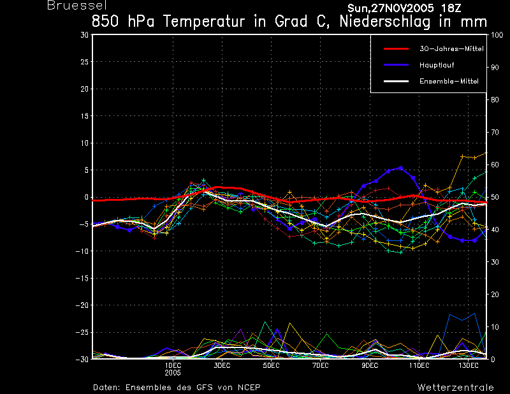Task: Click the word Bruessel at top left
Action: point(76,6)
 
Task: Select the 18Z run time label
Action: point(451,8)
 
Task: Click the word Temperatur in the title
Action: point(203,22)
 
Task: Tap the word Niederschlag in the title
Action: point(385,22)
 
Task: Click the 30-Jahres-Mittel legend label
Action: point(451,49)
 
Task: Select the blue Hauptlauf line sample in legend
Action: point(396,65)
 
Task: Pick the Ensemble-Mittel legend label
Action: point(449,82)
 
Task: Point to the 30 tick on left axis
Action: point(85,35)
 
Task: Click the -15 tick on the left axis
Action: point(82,279)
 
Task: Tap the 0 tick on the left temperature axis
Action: point(86,197)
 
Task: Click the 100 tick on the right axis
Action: point(497,35)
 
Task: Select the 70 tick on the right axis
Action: point(495,132)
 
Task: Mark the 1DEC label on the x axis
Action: point(173,366)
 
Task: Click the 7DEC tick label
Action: point(321,366)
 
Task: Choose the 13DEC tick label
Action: point(469,366)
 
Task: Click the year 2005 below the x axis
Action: point(173,373)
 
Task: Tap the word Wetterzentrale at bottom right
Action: point(455,388)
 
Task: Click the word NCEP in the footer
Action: point(249,388)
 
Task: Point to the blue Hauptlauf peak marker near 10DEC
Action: point(401,168)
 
